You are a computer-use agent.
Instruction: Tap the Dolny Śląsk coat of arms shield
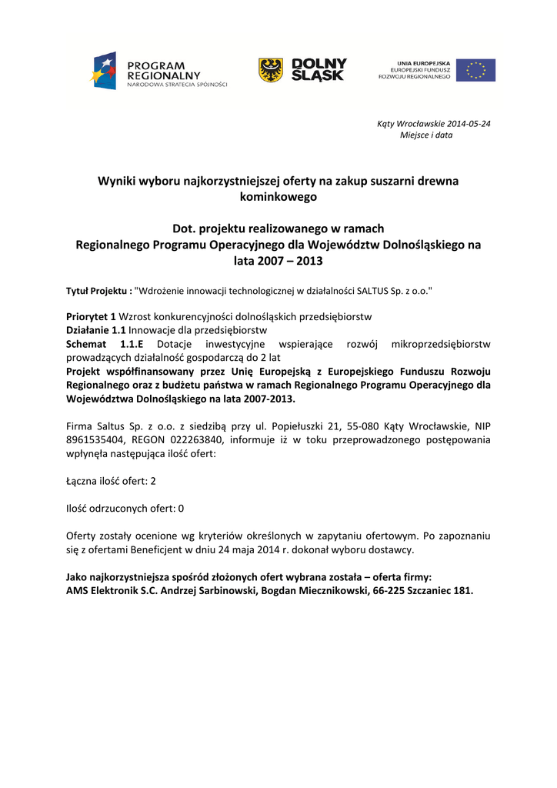[x=270, y=70]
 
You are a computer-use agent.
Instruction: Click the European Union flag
[x=475, y=70]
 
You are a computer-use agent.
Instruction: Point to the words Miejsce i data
[x=426, y=135]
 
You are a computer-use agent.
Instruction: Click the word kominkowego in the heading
[x=278, y=197]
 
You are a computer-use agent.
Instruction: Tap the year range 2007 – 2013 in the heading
[x=278, y=261]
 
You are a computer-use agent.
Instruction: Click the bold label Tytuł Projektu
[x=97, y=291]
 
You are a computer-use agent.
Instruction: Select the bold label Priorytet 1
[x=91, y=317]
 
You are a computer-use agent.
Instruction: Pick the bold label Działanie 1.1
[x=95, y=330]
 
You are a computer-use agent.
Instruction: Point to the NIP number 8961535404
[x=94, y=439]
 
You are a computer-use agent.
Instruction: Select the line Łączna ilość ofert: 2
[x=111, y=481]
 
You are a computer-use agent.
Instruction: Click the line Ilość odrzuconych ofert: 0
[x=125, y=508]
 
